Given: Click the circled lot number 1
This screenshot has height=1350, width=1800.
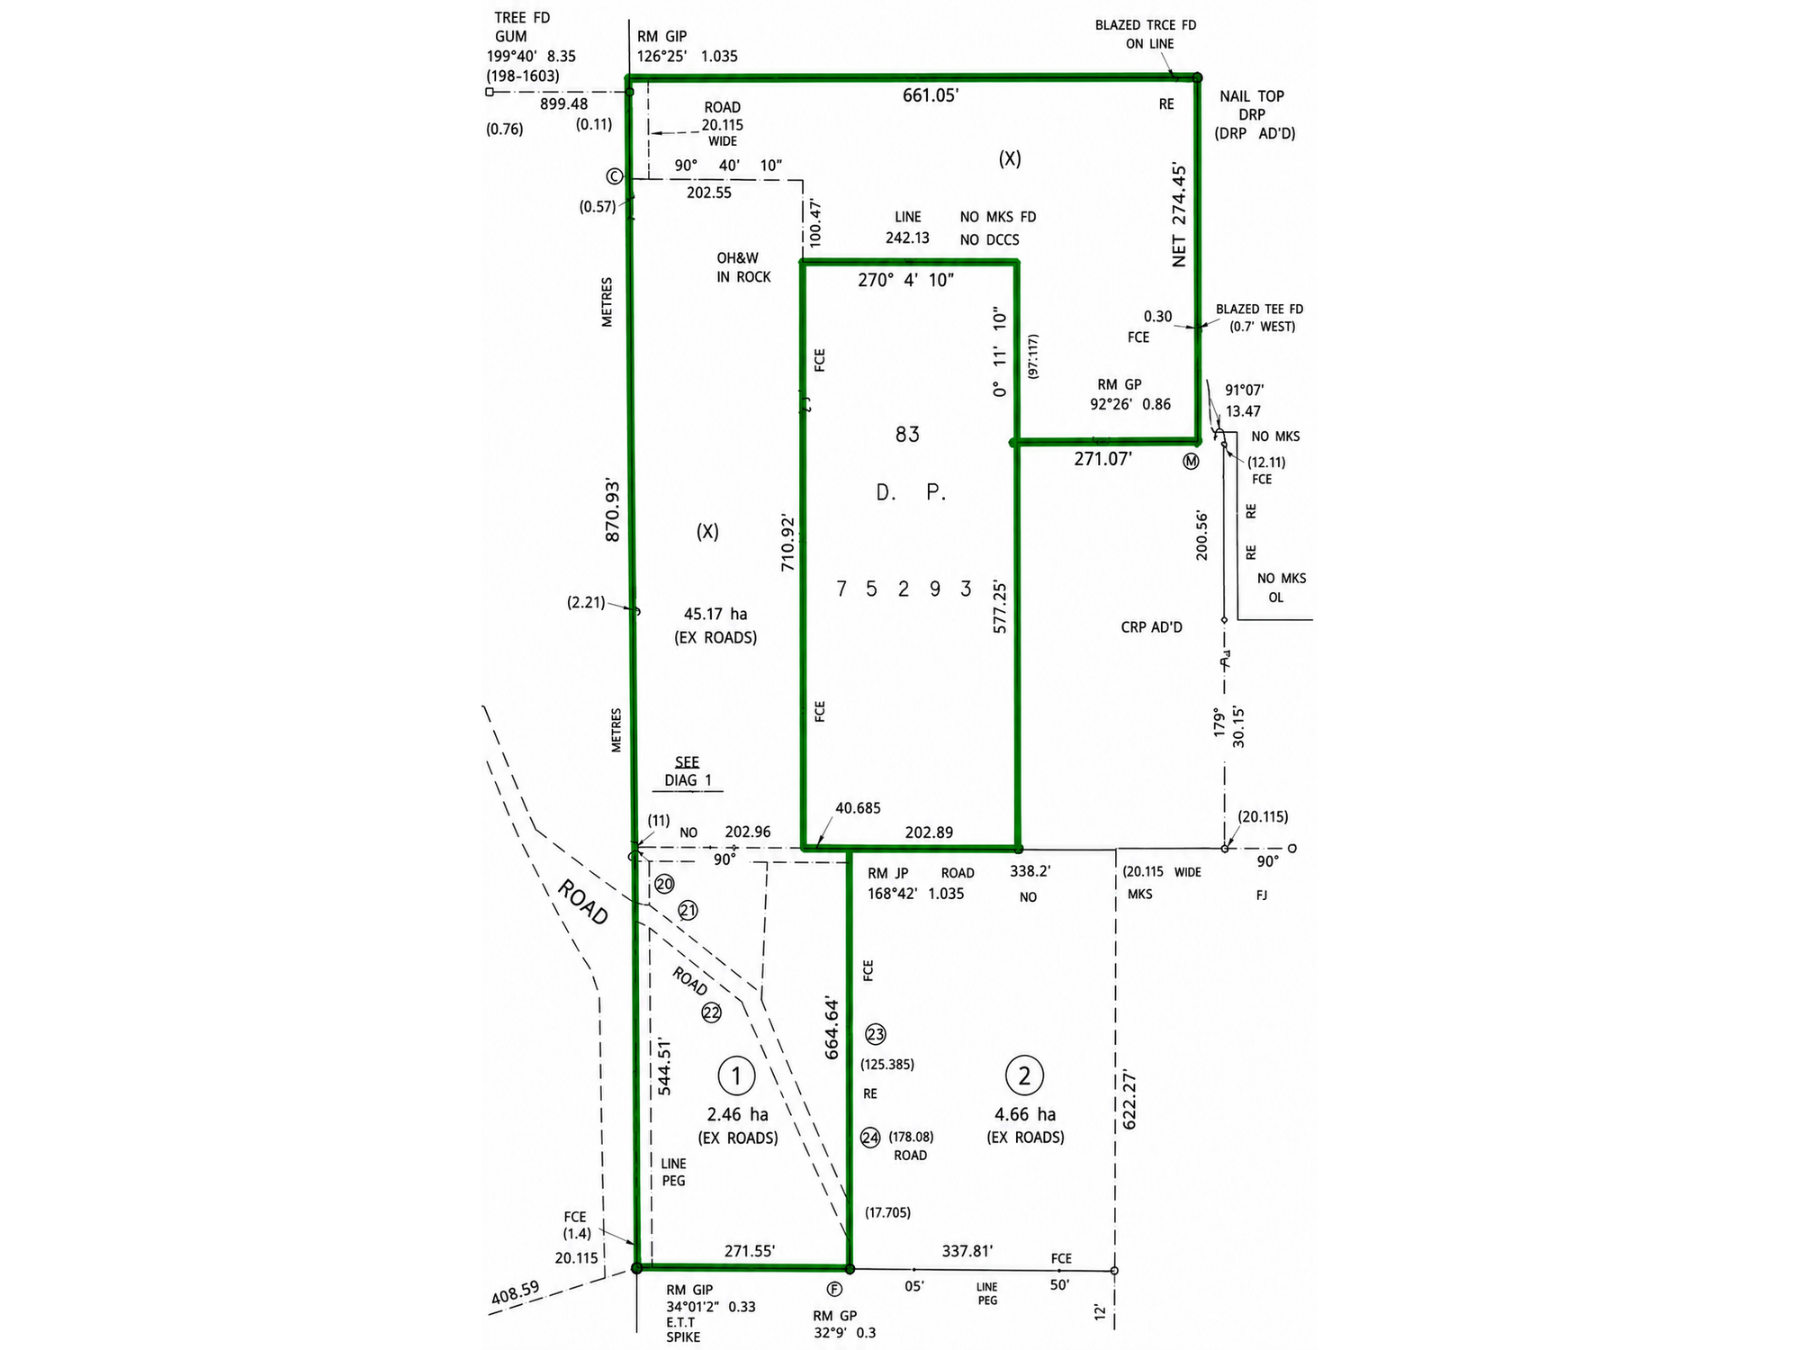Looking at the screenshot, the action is (x=736, y=1075).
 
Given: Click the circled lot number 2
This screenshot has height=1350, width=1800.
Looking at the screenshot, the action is (x=1024, y=1075).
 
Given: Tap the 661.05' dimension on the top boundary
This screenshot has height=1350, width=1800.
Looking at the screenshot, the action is (x=931, y=95).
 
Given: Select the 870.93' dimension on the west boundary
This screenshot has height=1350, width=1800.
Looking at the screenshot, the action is (x=613, y=509).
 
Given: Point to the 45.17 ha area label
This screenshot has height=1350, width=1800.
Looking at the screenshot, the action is (x=715, y=614).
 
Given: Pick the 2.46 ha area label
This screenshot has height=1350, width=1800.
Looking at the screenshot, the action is (x=738, y=1114).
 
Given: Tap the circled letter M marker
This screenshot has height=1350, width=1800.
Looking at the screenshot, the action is (x=1192, y=462).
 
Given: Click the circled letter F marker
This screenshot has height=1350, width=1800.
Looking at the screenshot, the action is (x=835, y=1289).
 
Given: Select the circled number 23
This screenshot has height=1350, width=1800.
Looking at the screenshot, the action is (x=875, y=1034).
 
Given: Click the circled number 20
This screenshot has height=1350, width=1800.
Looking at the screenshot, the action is (x=664, y=884).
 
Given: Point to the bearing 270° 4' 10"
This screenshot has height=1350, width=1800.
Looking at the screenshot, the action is (x=905, y=280).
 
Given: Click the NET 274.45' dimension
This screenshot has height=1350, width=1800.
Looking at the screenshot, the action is (x=1179, y=214).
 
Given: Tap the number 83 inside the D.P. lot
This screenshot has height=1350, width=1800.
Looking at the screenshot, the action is (x=907, y=435).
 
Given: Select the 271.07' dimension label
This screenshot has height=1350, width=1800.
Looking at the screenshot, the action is (x=1102, y=459).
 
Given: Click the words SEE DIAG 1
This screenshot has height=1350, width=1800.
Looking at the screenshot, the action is (x=688, y=771).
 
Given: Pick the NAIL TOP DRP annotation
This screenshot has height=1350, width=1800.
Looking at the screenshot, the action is (x=1252, y=105).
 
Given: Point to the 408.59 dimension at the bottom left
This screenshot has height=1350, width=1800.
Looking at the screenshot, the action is (x=515, y=1292).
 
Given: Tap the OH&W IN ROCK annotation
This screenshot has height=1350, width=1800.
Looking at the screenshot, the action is (x=743, y=267).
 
